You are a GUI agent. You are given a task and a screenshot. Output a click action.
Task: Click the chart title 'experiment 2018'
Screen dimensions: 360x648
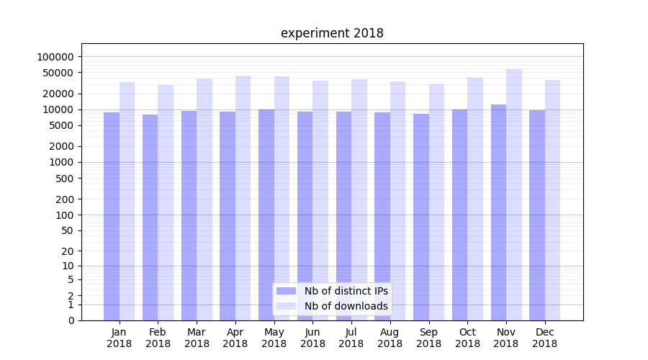tap(332, 33)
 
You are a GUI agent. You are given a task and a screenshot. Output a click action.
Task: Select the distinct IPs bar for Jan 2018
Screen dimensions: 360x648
tap(112, 216)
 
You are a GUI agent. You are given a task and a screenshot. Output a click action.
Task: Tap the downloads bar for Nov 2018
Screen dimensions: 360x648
tap(514, 194)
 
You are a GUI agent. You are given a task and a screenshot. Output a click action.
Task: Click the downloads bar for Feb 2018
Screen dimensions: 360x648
tap(166, 202)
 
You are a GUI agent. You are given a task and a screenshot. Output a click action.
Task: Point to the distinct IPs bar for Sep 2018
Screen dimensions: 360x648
tap(421, 217)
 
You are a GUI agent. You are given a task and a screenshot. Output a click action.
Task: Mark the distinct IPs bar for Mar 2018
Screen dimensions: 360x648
tap(189, 215)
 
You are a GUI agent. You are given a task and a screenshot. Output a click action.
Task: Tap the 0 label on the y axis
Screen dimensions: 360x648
tap(71, 320)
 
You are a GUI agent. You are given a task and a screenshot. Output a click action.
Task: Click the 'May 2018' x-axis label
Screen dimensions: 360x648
tap(274, 338)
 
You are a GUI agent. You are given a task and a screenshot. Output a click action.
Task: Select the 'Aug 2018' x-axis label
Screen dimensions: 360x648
tap(390, 338)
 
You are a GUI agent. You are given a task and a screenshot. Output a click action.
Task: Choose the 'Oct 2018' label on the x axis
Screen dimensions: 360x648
tap(467, 338)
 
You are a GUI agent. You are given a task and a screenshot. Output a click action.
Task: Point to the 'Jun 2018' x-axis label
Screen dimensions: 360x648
tap(312, 338)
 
